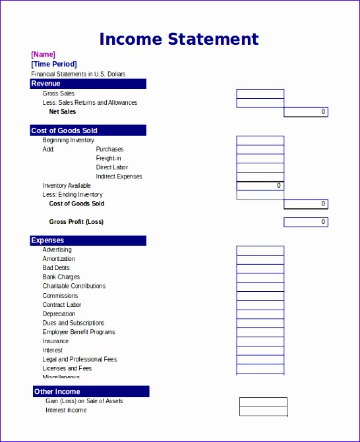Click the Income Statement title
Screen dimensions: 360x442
pos(179,39)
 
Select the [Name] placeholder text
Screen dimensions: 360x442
pos(43,54)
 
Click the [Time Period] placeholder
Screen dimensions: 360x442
pos(53,64)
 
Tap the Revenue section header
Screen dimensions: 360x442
pos(88,84)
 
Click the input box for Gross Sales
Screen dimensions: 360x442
pos(260,94)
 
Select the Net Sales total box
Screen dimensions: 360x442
pos(305,112)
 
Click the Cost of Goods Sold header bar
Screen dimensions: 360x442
pos(88,130)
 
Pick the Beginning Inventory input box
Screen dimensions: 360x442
pos(260,140)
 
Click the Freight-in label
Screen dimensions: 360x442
pos(108,158)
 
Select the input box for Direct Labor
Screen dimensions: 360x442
pos(260,167)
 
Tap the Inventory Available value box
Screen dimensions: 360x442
pos(260,186)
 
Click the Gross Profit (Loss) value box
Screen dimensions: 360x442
pos(305,222)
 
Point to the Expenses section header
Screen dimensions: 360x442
pos(88,240)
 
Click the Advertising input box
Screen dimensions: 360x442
pos(260,250)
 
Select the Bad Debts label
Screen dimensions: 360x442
pos(56,268)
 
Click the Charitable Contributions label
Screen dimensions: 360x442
pos(74,286)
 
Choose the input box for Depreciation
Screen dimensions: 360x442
pos(260,314)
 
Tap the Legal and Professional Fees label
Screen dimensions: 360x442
pos(80,359)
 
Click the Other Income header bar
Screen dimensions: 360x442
pos(90,392)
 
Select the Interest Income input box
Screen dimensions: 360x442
pos(263,411)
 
